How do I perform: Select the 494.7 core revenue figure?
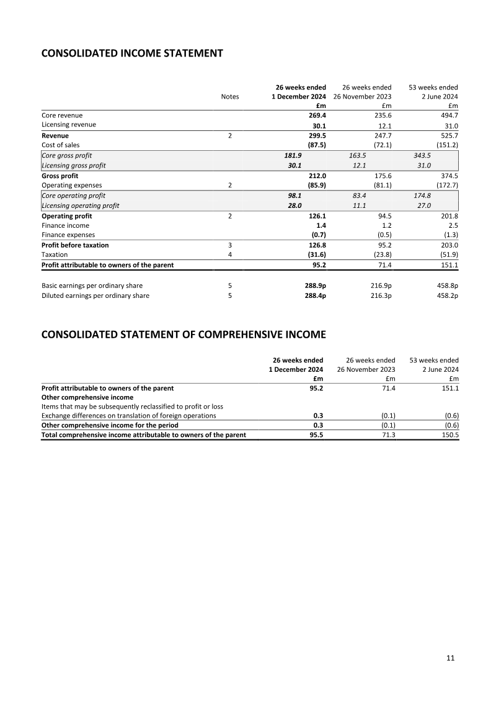click(448, 115)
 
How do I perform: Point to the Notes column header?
click(230, 97)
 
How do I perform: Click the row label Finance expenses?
click(68, 235)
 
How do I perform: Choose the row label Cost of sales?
click(60, 145)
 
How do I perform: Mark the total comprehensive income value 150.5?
click(448, 435)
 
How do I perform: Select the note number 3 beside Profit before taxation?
click(230, 245)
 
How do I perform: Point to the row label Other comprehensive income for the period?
click(110, 425)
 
